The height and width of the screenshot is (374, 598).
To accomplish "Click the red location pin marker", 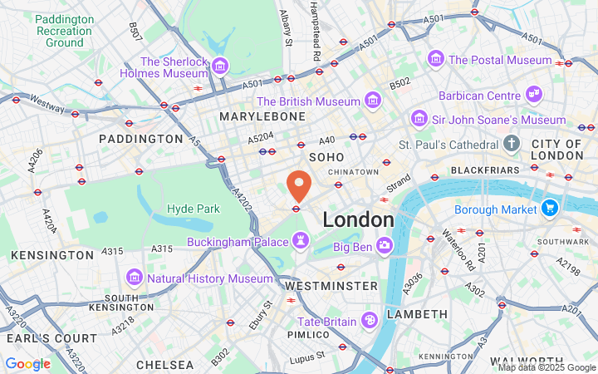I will tap(299, 185).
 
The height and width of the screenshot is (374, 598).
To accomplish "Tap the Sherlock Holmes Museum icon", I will tap(220, 65).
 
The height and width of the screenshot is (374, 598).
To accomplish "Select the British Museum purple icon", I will tap(372, 101).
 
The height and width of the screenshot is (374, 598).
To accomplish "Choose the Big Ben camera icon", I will tap(384, 245).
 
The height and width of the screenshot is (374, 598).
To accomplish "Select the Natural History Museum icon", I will tap(134, 277).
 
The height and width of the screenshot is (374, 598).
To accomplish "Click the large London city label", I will tap(358, 220).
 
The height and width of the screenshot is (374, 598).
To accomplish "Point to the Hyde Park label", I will tap(194, 209).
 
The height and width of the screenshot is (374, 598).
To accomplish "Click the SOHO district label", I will tap(326, 156).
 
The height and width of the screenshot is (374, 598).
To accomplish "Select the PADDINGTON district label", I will tap(140, 138).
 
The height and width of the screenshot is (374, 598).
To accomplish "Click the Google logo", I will tap(27, 363).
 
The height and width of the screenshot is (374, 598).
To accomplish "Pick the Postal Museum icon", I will tap(436, 59).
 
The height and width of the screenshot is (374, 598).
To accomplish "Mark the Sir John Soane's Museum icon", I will tap(420, 120).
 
